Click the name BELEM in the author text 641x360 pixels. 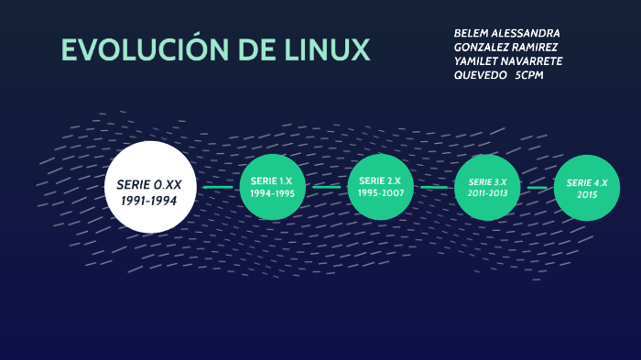(472, 33)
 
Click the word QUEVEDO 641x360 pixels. (481, 75)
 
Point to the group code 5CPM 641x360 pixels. (529, 75)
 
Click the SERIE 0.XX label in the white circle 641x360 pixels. (149, 184)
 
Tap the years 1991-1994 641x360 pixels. (149, 200)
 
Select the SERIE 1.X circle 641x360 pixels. (272, 187)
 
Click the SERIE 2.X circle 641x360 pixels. (380, 187)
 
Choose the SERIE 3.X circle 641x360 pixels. (487, 188)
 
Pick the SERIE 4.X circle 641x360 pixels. (587, 188)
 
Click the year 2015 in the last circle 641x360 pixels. (587, 195)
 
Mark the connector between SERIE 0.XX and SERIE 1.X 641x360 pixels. (218, 187)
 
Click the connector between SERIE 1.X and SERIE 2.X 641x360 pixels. (326, 187)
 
